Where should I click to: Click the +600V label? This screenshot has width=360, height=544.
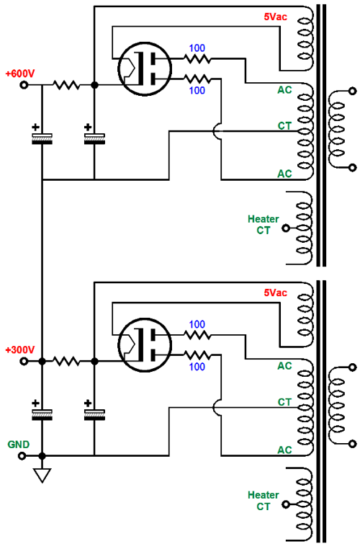tap(20, 73)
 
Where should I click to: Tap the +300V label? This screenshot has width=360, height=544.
tap(20, 349)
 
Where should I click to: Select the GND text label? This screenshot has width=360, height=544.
tap(19, 445)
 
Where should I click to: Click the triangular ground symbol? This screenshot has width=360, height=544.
tap(42, 476)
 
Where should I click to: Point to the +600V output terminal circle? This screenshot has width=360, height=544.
tap(24, 84)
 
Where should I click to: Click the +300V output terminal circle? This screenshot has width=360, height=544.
tap(24, 362)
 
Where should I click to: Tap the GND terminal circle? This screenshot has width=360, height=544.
tap(22, 456)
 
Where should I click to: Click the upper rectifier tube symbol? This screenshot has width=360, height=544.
tap(145, 68)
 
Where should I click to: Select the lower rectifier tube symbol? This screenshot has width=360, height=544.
tap(145, 345)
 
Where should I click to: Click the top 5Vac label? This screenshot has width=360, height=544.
tap(275, 17)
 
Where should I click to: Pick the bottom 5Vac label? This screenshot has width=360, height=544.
tap(275, 293)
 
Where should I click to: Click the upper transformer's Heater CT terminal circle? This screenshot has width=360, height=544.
tap(286, 228)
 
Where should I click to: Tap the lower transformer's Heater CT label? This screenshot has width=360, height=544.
tap(264, 501)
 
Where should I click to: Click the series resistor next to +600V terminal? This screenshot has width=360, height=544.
tap(66, 84)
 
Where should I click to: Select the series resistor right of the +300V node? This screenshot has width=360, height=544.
tap(66, 362)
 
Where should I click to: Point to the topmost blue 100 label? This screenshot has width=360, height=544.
tap(197, 48)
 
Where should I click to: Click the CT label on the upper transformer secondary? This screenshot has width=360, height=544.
tap(284, 125)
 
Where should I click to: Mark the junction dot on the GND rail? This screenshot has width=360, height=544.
tap(42, 456)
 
